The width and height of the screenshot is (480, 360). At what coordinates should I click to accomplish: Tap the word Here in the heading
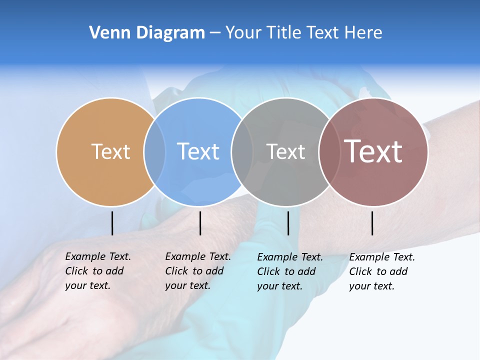[363, 33]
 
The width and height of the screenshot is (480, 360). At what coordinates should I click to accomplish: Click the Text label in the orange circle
[110, 151]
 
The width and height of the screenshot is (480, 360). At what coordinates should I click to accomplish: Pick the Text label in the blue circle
[198, 151]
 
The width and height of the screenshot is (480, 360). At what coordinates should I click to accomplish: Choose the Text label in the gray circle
[285, 151]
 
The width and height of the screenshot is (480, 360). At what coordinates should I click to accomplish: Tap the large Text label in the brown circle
[373, 151]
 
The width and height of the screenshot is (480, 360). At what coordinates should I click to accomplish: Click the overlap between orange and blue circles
[154, 151]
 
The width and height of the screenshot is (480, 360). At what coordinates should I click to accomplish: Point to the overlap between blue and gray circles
[242, 151]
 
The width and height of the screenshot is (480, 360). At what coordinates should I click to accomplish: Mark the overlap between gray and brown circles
[329, 151]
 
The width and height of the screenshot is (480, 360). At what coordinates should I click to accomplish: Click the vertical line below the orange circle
[112, 223]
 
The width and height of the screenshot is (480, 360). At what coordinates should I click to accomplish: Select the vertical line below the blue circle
[200, 223]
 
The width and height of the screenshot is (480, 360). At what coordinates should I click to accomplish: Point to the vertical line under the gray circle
[288, 223]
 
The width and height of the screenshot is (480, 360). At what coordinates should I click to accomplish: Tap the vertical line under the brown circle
[372, 223]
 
